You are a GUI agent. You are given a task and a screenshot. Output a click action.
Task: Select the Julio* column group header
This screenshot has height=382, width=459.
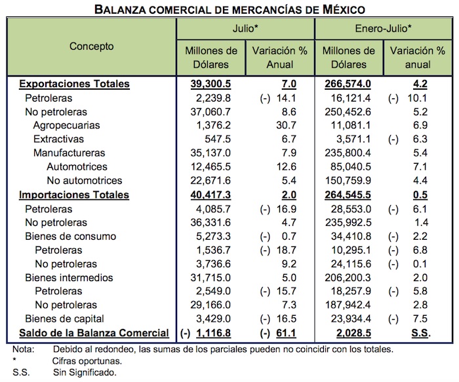point(245,29)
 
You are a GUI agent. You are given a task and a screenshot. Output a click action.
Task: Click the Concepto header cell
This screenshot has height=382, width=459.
point(91,47)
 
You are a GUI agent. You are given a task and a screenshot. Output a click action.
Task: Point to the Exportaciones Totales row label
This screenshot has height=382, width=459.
point(74,85)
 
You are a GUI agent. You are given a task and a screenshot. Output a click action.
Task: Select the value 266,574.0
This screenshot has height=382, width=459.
point(348,85)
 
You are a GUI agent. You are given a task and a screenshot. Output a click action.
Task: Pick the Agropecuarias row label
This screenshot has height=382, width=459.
point(66,124)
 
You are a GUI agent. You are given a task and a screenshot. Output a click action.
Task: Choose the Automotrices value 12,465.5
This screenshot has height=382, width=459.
point(212,167)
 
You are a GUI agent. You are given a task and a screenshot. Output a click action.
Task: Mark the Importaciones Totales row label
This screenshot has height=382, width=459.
point(74,195)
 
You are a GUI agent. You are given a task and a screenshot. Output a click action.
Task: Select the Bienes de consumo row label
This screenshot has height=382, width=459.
point(70,236)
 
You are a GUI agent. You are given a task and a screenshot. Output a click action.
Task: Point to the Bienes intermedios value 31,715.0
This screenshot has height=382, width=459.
point(212,277)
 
